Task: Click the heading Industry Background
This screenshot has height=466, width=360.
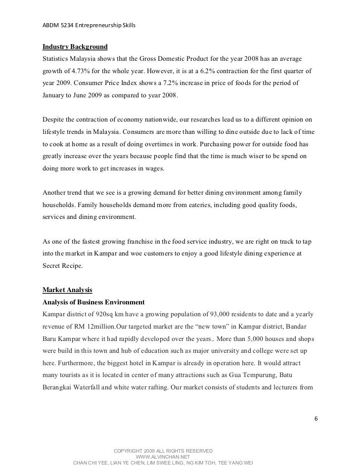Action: point(75,47)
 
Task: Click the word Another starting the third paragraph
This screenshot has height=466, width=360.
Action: point(55,193)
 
